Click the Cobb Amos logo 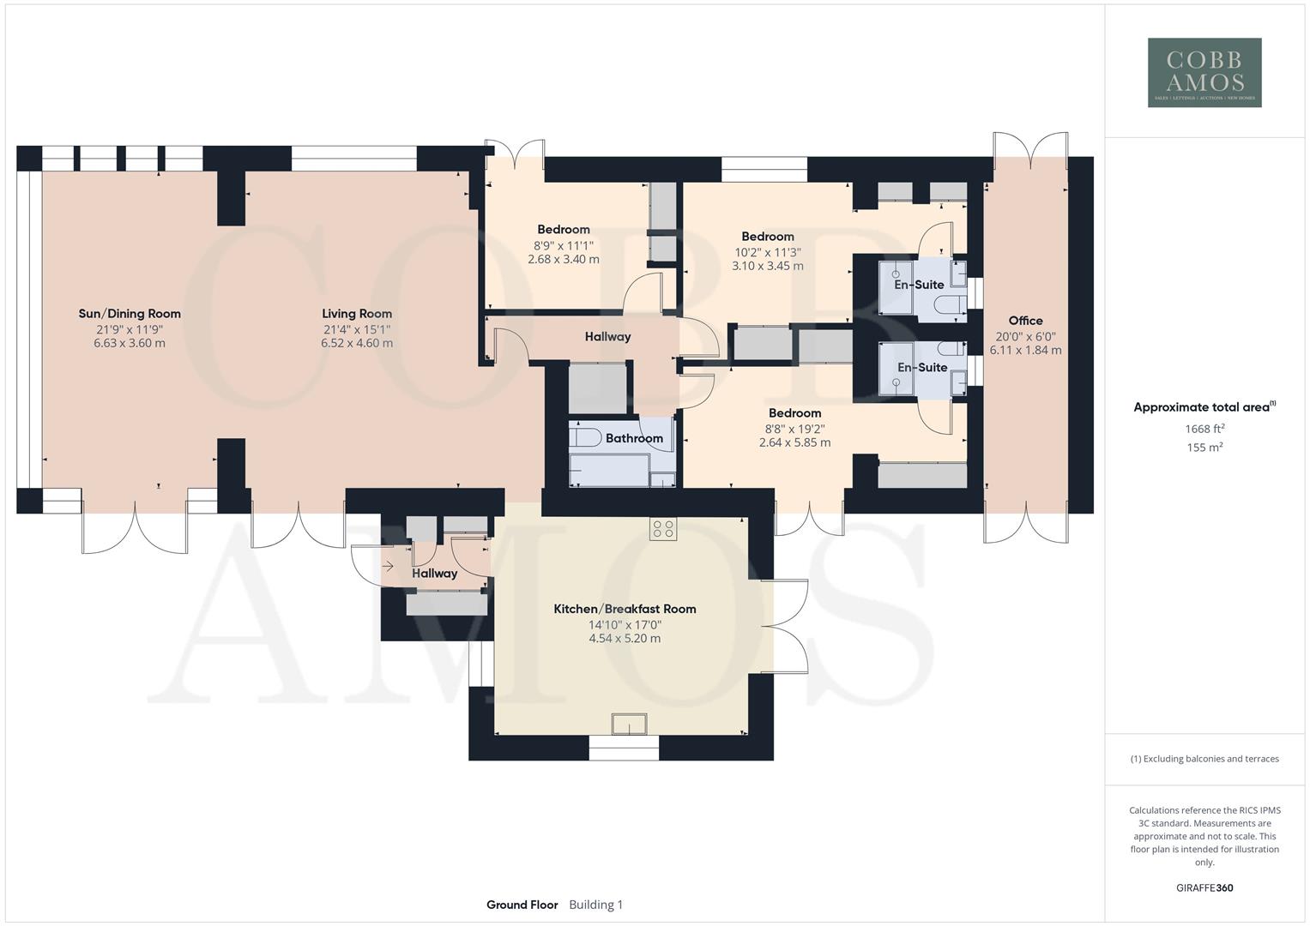(1204, 72)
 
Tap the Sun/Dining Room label (130, 314)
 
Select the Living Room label (357, 314)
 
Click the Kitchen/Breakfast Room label (625, 609)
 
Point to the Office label (1025, 321)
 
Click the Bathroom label (634, 438)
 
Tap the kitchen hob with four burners (662, 529)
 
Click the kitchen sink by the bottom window (630, 725)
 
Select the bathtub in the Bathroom (610, 471)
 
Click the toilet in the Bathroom (585, 437)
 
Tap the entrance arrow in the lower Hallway (388, 566)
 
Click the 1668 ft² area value (1204, 429)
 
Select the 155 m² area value (1204, 448)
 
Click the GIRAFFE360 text (1204, 888)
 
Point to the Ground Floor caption (522, 905)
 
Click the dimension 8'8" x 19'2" (794, 429)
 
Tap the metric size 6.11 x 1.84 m (1025, 351)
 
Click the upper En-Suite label (919, 285)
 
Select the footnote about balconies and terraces (1204, 759)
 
